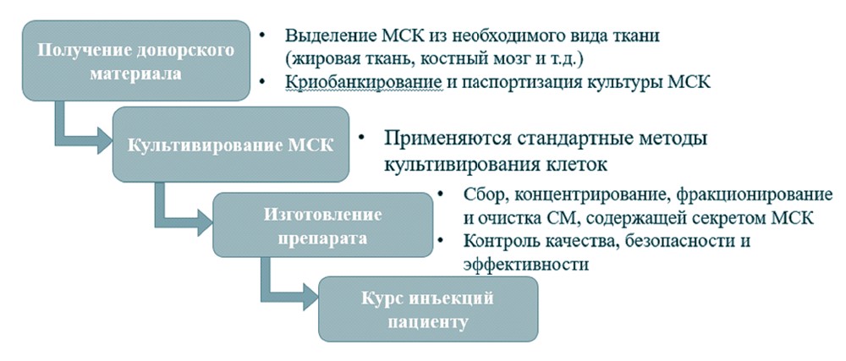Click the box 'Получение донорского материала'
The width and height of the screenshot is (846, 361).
click(x=136, y=60)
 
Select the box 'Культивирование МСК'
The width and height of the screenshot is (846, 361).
click(x=230, y=145)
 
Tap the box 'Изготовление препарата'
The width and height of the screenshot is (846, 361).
click(x=322, y=225)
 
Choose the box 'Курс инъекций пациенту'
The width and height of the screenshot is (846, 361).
click(x=428, y=309)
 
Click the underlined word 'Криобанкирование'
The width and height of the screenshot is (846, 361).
click(x=364, y=83)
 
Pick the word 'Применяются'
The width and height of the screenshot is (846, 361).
click(x=448, y=139)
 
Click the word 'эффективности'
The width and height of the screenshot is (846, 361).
click(x=525, y=265)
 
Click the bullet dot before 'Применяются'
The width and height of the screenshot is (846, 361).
click(x=362, y=139)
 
